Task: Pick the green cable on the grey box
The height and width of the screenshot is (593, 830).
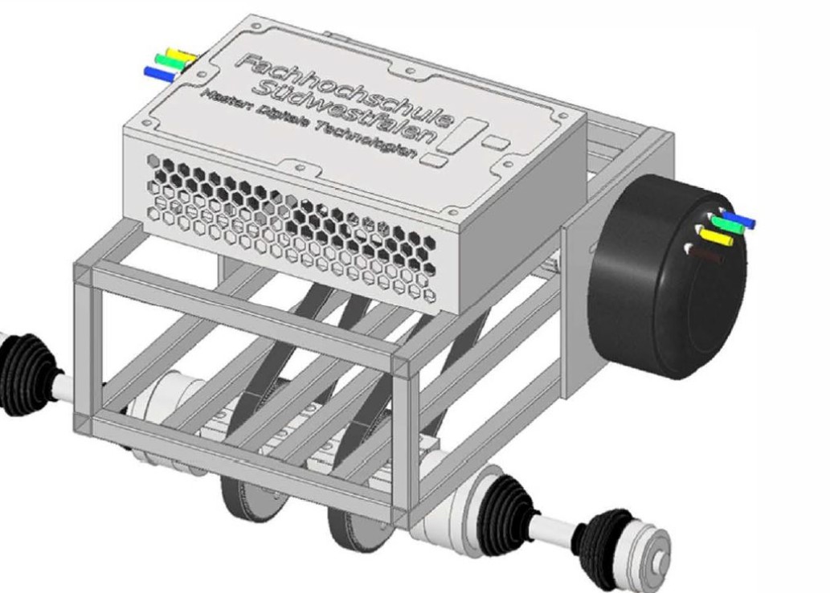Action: pos(171,62)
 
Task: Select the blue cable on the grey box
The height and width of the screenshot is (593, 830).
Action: pos(159,73)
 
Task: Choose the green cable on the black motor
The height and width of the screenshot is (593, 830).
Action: pos(724,226)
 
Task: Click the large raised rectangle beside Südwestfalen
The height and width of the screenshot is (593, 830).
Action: pos(471,133)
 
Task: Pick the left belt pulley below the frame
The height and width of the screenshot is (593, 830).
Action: pos(246,497)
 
